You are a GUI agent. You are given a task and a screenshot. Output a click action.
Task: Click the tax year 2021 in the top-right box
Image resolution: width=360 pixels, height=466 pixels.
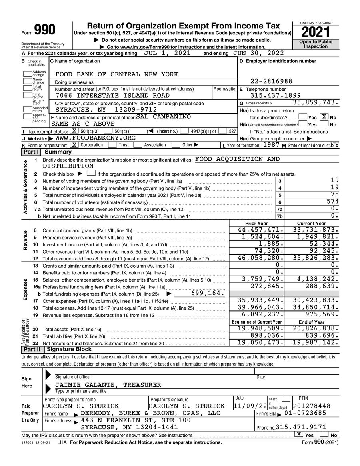tap(316, 31)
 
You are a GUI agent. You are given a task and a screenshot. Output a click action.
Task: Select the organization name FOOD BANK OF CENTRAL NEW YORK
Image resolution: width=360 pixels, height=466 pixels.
tap(116, 74)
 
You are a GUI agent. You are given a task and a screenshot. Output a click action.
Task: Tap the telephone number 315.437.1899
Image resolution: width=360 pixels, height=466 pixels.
tap(276, 96)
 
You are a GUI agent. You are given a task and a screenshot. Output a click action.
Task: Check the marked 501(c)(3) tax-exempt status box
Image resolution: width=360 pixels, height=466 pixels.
tap(74, 131)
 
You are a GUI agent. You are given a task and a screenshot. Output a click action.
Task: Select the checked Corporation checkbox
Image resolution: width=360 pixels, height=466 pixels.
tap(74, 145)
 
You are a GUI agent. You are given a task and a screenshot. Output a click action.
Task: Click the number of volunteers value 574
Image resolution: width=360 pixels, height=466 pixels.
tap(332, 202)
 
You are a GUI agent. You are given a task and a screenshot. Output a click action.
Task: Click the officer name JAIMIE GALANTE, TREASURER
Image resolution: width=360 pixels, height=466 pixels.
tap(108, 385)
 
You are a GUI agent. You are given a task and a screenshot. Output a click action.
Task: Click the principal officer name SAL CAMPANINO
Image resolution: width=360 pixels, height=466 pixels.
tap(163, 117)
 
